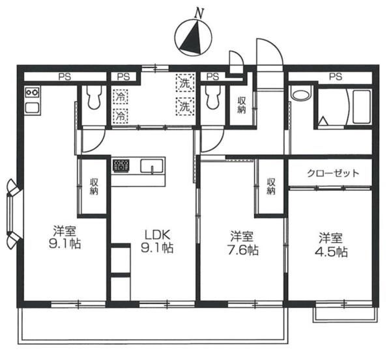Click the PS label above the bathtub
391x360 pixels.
point(335,77)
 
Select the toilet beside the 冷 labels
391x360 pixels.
point(94,98)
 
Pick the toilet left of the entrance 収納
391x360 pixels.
point(212,99)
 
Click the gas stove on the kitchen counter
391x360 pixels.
point(121,166)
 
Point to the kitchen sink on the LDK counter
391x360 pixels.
point(151,168)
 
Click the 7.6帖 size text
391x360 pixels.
point(240,251)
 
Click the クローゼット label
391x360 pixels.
point(332,174)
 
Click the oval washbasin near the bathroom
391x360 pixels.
point(300,94)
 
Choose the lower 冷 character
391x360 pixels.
point(121,116)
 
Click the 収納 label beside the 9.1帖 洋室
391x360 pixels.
point(94,186)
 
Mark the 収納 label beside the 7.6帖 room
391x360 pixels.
point(270,186)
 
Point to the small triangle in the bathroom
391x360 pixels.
point(323,122)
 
